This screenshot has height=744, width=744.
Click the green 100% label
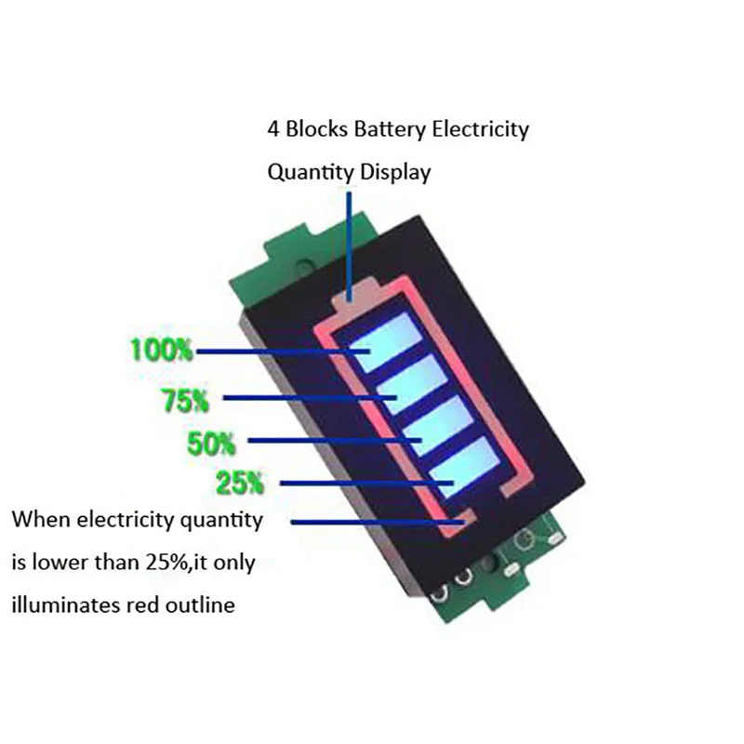click(x=162, y=351)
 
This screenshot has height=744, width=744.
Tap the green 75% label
click(x=186, y=401)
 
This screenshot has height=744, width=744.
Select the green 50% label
click(x=212, y=443)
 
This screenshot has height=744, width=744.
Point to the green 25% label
click(x=240, y=483)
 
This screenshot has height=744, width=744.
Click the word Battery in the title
click(x=390, y=129)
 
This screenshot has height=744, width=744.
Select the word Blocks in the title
click(x=317, y=129)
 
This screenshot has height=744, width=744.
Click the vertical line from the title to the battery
click(x=349, y=242)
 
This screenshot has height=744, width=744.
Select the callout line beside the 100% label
click(x=279, y=352)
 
